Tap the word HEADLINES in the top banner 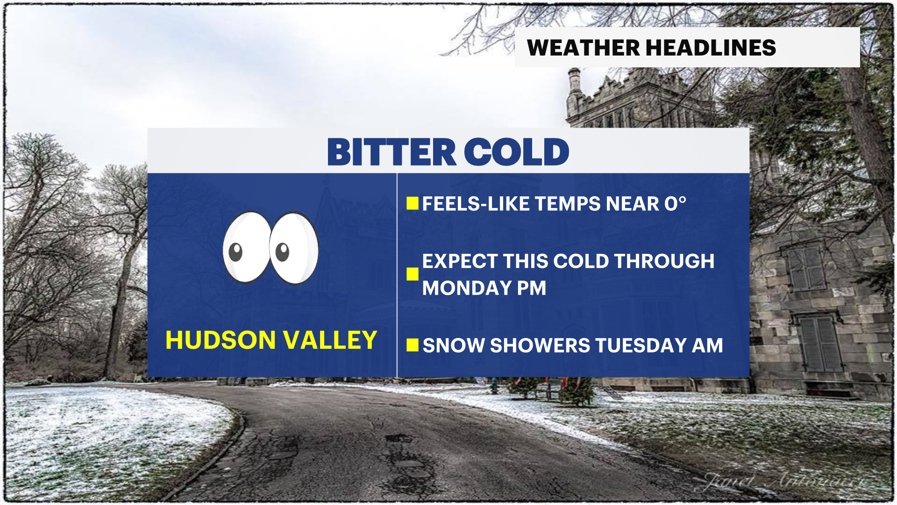coord(711,48)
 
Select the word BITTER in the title coord(392,152)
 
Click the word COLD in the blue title coord(516,152)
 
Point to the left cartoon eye coord(246,247)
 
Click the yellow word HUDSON coord(221,340)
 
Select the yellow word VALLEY coord(330,340)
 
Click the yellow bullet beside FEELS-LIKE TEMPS coord(412,203)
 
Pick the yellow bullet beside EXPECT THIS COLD coord(412,274)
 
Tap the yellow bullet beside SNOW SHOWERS coord(412,345)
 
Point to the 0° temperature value coord(675,204)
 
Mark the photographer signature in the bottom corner coord(785,481)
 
